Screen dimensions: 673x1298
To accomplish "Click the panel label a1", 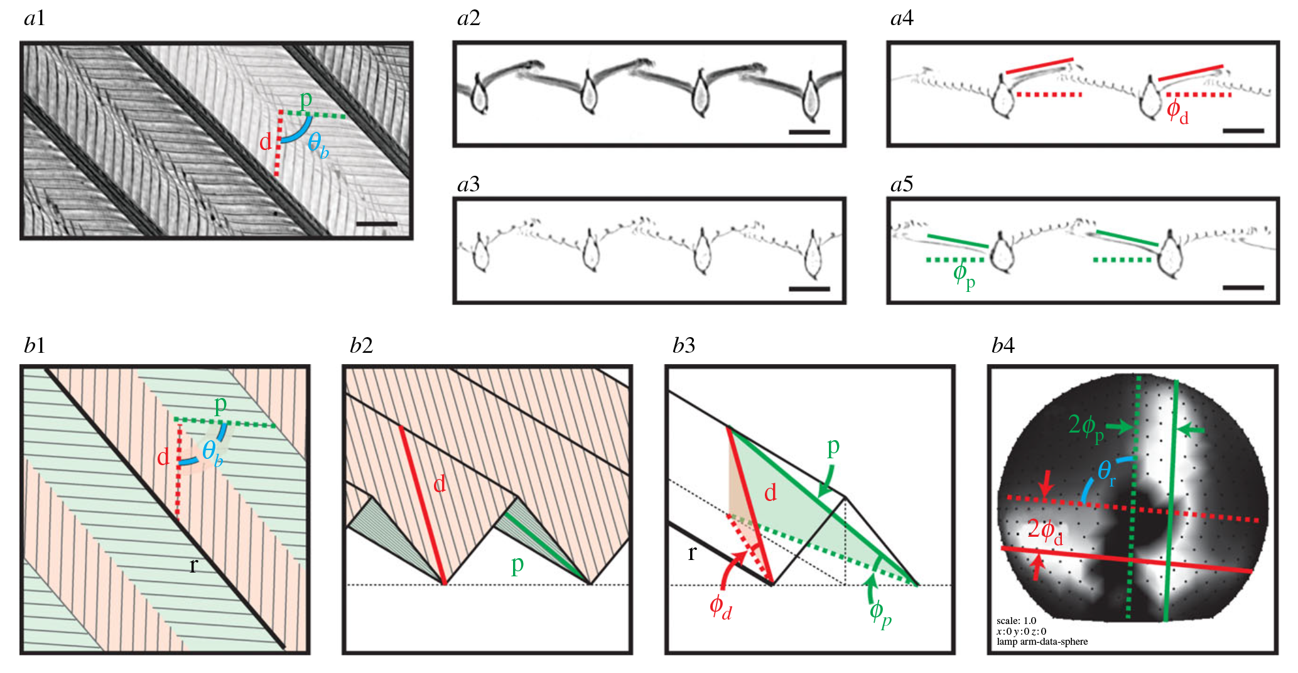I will click(x=34, y=19).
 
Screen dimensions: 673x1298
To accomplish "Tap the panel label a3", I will click(x=468, y=185).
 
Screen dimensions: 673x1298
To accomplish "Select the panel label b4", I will click(x=1003, y=346).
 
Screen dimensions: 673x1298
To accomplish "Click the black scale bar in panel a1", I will click(x=376, y=223).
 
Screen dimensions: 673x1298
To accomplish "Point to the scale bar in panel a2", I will click(x=809, y=132).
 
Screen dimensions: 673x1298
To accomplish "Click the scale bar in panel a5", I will click(x=1243, y=288).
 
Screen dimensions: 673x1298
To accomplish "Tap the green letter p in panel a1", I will click(x=306, y=100).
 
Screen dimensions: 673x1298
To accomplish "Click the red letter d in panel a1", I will click(x=266, y=142).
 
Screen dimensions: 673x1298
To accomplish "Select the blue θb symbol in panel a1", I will click(x=318, y=146).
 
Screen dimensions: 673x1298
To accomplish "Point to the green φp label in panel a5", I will click(x=964, y=275).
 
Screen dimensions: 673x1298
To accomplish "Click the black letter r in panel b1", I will click(x=193, y=566).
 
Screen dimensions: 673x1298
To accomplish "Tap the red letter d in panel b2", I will click(x=440, y=483).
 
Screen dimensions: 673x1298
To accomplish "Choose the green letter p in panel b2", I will click(x=517, y=565).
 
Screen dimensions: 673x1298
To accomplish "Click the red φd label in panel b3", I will click(x=720, y=607).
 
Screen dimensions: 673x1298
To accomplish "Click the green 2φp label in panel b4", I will click(x=1086, y=427).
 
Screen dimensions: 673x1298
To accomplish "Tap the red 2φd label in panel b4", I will click(x=1045, y=531).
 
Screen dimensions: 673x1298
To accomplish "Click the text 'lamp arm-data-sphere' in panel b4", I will click(x=1042, y=642).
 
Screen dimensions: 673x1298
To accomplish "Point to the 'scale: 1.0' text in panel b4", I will click(x=1016, y=621).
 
